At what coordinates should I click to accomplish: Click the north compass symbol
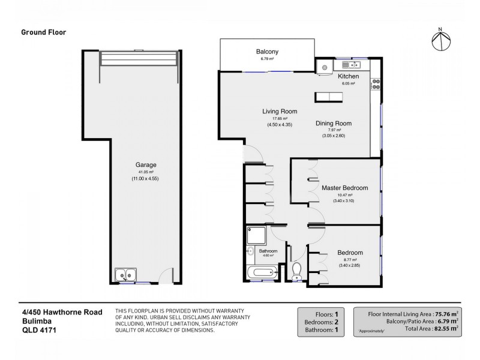tap(441, 40)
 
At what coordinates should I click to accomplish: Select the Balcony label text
tap(267, 52)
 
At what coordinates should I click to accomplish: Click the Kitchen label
tap(348, 77)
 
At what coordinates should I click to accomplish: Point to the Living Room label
tap(280, 112)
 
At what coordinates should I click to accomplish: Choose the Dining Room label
tap(334, 124)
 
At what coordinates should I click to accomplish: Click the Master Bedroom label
tap(344, 188)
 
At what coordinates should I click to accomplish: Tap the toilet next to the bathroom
tap(296, 272)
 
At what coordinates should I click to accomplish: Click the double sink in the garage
tap(127, 275)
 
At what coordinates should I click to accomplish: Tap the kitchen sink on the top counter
tap(349, 65)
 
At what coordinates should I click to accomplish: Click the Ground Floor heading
tap(44, 32)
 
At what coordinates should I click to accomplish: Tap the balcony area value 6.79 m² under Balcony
tap(267, 59)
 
